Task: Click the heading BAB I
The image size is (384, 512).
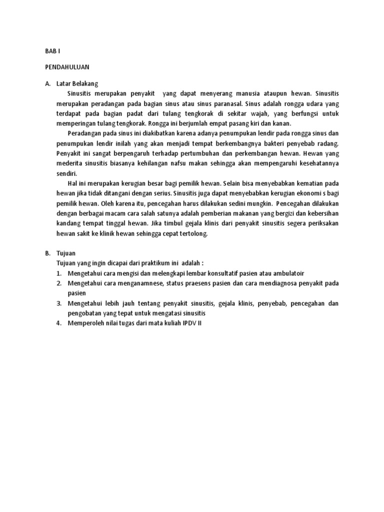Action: click(52, 50)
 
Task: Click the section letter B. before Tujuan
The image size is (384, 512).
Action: click(47, 253)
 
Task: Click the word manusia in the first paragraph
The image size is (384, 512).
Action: click(246, 93)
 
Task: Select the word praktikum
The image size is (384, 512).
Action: click(143, 263)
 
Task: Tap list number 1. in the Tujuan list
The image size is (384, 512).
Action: click(58, 273)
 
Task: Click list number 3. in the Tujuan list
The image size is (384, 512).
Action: click(58, 303)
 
